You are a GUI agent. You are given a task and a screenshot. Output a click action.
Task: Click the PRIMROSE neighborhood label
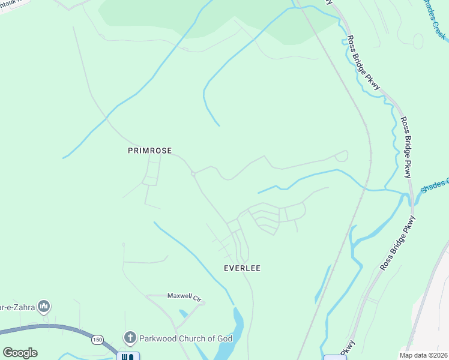pos(150,151)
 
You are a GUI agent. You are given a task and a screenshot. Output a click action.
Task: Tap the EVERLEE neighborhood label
pos(242,268)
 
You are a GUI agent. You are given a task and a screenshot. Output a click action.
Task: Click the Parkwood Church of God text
pos(185,338)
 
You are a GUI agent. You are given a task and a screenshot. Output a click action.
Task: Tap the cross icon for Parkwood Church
pos(130,338)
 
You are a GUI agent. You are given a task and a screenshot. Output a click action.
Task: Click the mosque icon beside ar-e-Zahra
pos(43,307)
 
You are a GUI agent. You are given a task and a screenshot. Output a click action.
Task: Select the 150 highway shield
pos(97,340)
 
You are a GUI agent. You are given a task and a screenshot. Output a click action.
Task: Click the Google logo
pos(20,353)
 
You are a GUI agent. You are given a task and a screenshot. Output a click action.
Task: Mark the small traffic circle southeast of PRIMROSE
pos(193,175)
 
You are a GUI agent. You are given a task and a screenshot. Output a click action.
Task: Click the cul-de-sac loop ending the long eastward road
pos(342,157)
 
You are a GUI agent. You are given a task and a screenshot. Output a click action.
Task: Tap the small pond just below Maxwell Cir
pos(182,313)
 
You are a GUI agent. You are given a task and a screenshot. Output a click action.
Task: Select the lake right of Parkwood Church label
pos(238,326)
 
